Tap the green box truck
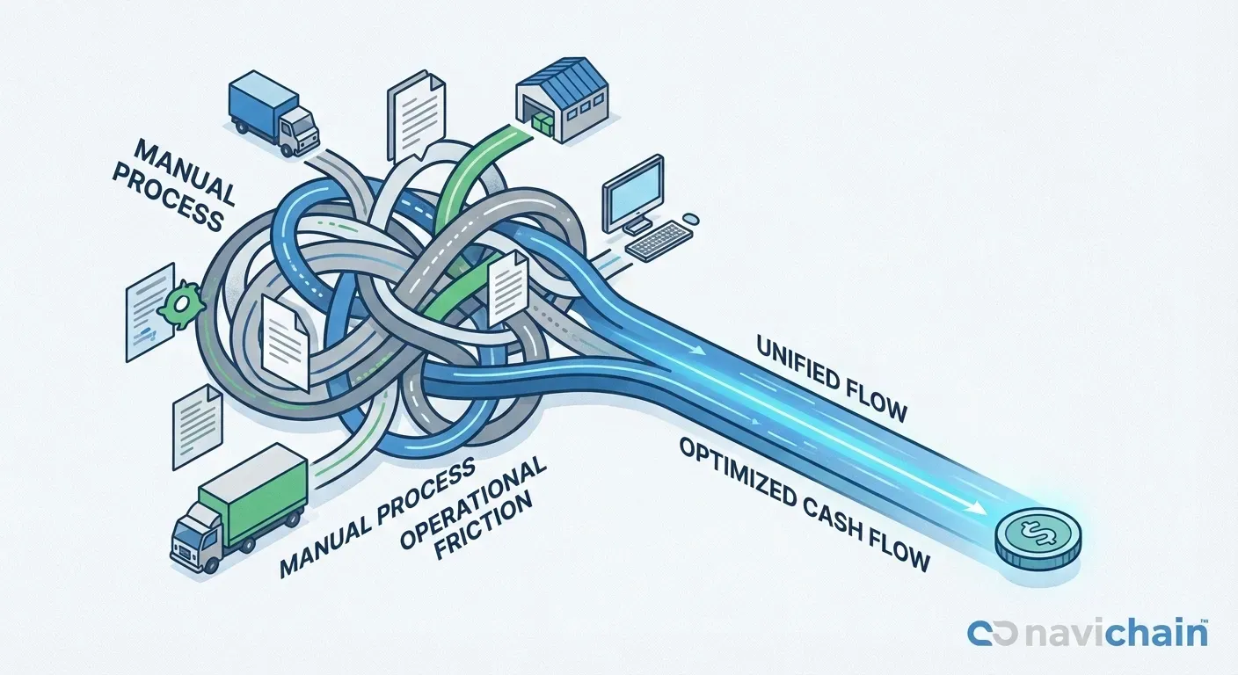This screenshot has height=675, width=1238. tap(242, 505)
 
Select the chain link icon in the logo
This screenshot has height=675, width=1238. tap(992, 634)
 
